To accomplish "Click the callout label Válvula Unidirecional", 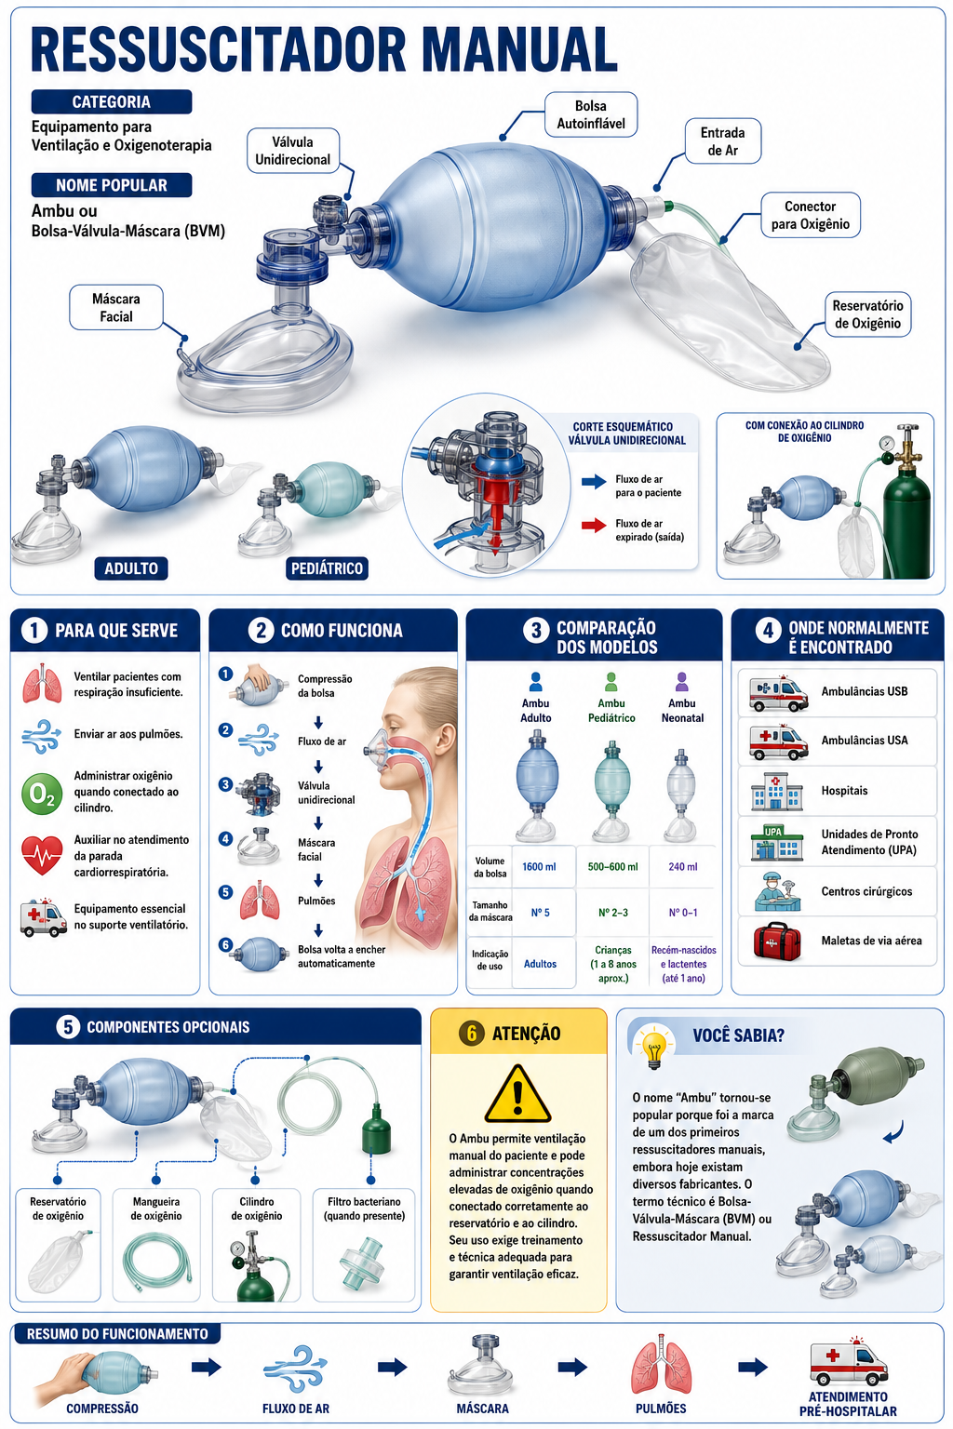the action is click(x=293, y=151).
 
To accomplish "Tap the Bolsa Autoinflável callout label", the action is click(x=590, y=114).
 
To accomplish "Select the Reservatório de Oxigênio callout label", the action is click(x=867, y=314).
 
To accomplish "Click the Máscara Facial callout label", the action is click(x=116, y=308).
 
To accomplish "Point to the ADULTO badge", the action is click(x=131, y=568).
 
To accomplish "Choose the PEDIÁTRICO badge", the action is click(x=327, y=568).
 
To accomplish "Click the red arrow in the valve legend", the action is click(x=594, y=525).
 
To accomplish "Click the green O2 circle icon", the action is click(x=42, y=794).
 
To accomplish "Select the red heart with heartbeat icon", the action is click(x=42, y=856).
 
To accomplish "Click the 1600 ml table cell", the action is click(x=540, y=866).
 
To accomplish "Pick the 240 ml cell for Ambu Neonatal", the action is click(x=683, y=866).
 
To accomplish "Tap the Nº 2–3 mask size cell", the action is click(x=612, y=913).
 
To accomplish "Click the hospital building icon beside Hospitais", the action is click(x=777, y=792).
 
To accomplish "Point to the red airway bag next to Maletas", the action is click(x=777, y=941).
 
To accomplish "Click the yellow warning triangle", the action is click(x=517, y=1095).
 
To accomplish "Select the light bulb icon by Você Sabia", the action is click(x=653, y=1048).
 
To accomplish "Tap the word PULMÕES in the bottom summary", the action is click(x=661, y=1408).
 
